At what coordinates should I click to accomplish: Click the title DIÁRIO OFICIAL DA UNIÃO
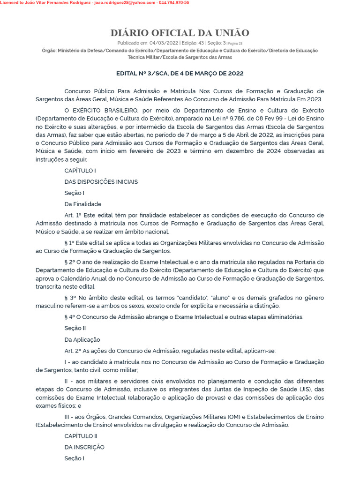(180, 33)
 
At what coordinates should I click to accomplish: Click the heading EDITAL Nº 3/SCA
(180, 74)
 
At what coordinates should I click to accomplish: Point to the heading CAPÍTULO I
(80, 171)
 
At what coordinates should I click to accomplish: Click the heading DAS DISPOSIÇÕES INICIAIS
(101, 182)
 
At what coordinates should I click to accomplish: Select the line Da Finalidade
(83, 204)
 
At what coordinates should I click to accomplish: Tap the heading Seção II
(75, 329)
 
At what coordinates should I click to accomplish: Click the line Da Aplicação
(82, 340)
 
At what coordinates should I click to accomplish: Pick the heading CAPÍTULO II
(81, 436)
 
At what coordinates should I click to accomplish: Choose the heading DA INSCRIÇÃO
(84, 447)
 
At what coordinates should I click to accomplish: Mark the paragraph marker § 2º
(70, 262)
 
